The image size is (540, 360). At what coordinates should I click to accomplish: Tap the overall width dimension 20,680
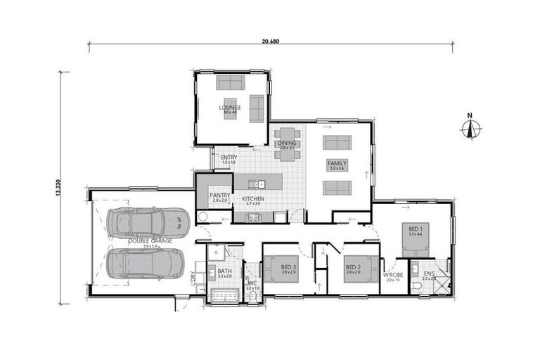271,41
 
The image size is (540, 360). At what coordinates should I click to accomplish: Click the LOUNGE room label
229,108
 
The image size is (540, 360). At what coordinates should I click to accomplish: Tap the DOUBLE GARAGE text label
150,241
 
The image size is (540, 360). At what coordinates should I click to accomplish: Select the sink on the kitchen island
259,184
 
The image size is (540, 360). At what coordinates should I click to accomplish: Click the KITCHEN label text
252,199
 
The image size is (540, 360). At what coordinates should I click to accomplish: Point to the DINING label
287,143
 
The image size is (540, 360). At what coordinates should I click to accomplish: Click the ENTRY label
229,157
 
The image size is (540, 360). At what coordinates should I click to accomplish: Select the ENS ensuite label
429,274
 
